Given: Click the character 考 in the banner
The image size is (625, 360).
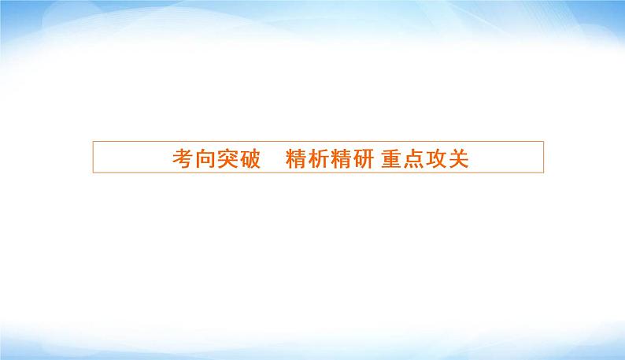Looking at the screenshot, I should (x=182, y=158).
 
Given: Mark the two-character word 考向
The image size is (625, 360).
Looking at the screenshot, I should (x=193, y=158).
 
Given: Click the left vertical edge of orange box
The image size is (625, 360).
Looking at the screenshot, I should (x=93, y=158).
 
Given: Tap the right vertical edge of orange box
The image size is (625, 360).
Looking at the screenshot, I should (x=544, y=158).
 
